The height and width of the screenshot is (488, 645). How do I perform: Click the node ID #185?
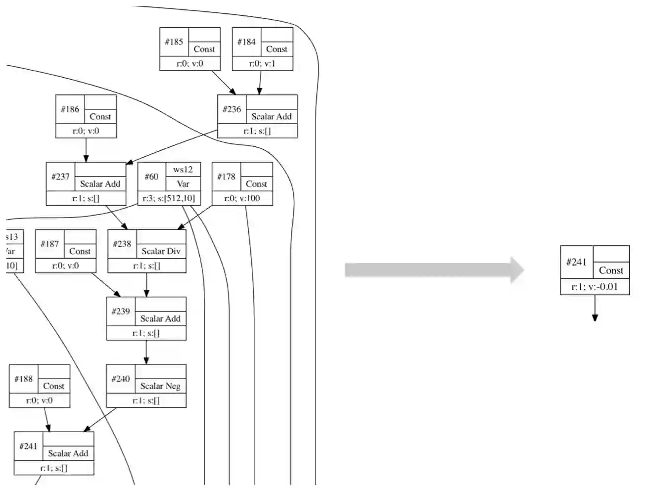tap(174, 42)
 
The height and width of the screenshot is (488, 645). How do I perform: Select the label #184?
tap(246, 42)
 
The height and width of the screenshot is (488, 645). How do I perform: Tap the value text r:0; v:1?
tap(262, 63)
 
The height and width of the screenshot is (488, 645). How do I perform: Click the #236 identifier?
tap(231, 109)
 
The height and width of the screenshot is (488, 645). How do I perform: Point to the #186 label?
tap(70, 109)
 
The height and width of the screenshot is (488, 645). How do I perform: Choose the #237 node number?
tap(60, 177)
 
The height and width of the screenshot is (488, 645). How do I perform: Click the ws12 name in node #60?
tap(183, 169)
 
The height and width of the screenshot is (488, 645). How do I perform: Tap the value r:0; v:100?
tap(242, 198)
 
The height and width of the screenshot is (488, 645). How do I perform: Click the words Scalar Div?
tap(161, 251)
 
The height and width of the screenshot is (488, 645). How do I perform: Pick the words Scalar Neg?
tap(160, 386)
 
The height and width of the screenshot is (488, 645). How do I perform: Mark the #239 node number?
tap(121, 311)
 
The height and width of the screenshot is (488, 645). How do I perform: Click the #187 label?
tap(49, 244)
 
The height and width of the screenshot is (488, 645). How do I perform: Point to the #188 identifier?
tap(23, 379)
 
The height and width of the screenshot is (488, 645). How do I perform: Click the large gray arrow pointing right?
tap(434, 270)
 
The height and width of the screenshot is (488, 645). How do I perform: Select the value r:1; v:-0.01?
tap(595, 287)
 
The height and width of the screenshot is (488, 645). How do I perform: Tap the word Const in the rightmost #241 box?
tap(611, 270)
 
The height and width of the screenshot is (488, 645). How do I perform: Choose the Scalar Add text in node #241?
tap(68, 453)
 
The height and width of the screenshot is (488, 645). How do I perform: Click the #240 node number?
tap(121, 379)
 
